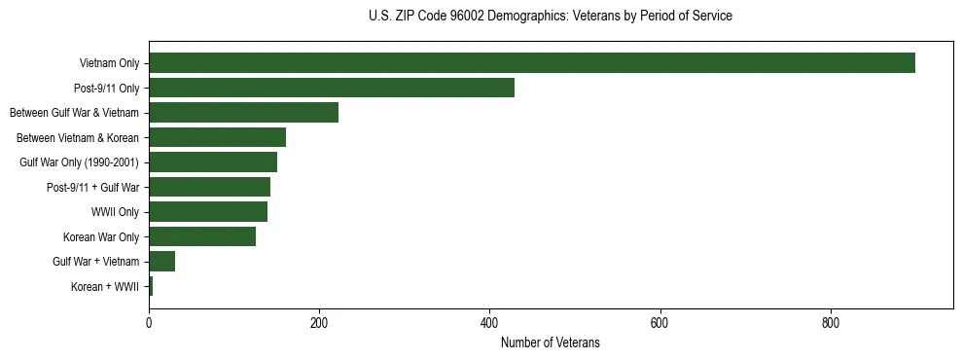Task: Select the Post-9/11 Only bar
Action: click(331, 88)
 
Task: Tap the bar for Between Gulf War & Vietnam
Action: click(243, 113)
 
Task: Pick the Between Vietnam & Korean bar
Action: click(217, 137)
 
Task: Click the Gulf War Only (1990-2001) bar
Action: click(212, 162)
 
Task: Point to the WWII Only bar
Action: click(207, 212)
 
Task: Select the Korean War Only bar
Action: click(201, 236)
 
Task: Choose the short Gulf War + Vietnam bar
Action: click(161, 262)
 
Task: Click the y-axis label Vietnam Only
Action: click(109, 63)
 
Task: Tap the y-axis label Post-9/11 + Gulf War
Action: click(92, 187)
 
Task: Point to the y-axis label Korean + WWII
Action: click(105, 287)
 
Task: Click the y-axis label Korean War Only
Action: click(101, 236)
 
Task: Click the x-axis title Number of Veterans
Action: click(550, 342)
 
